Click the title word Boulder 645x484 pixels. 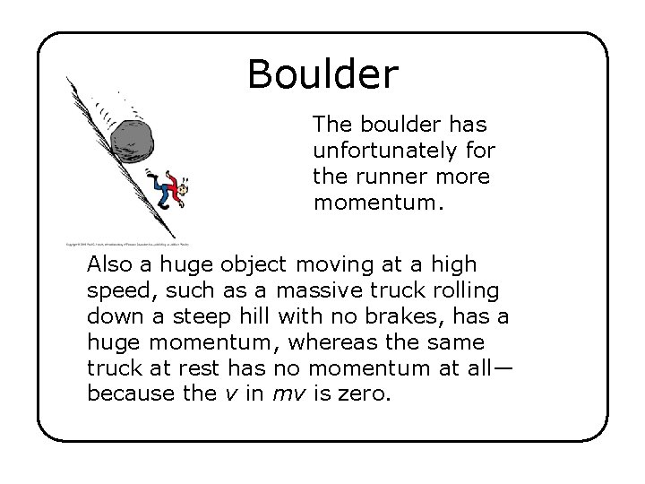coord(322,74)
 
